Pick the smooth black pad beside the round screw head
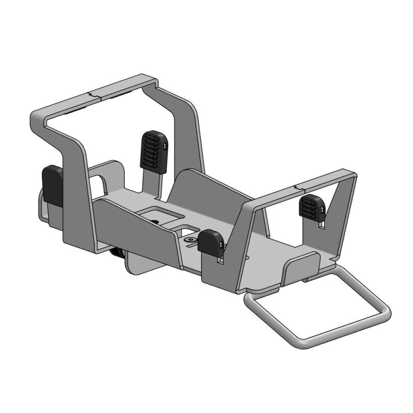click(x=211, y=242)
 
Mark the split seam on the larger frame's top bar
click(x=91, y=95)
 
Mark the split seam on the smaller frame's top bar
click(x=295, y=184)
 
